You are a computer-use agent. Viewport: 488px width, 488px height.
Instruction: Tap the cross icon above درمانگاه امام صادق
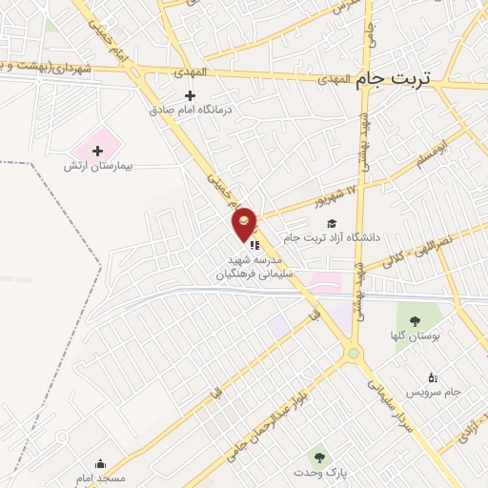(x=190, y=95)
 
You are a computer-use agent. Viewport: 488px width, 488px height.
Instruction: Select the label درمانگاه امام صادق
(x=190, y=110)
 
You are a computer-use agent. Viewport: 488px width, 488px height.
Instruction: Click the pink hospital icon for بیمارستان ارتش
(x=97, y=151)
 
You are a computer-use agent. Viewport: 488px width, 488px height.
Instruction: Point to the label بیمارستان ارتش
(x=98, y=166)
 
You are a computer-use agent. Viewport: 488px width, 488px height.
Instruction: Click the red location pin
(x=245, y=223)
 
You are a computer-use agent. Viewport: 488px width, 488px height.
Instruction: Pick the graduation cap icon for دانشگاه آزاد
(x=332, y=223)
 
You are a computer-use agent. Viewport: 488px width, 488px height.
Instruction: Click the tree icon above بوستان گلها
(x=414, y=321)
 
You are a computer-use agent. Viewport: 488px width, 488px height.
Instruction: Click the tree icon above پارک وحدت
(x=319, y=458)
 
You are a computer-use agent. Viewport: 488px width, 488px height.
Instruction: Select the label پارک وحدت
(x=319, y=474)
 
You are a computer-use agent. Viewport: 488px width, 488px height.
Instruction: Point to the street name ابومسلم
(x=430, y=149)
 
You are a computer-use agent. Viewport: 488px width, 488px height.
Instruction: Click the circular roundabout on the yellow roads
(x=356, y=354)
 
